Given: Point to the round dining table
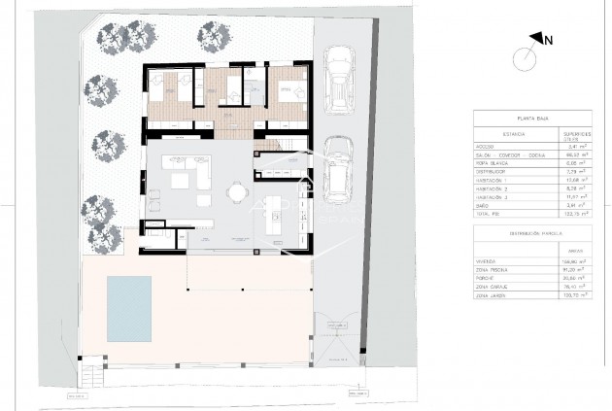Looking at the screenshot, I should click(237, 192).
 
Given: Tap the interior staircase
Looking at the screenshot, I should click(268, 146).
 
